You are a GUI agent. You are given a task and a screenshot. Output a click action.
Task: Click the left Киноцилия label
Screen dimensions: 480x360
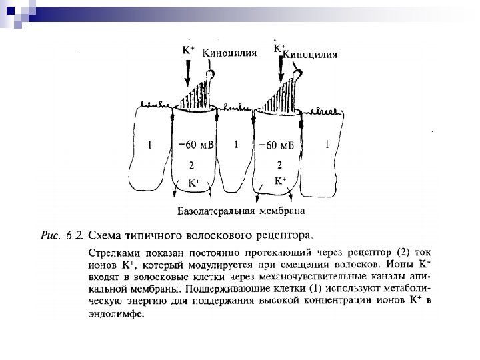229,53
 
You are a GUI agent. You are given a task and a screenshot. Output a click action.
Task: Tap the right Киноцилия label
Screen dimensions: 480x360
311,55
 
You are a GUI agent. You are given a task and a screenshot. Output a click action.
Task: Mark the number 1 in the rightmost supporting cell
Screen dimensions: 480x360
327,144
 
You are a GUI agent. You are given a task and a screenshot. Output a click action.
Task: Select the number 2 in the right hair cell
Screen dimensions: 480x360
279,164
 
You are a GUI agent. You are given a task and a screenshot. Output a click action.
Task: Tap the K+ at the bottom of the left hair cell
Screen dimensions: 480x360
193,182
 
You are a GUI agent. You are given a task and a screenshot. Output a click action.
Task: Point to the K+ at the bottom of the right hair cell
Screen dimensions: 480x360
281,181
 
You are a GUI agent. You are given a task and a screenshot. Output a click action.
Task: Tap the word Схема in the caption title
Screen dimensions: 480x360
107,235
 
